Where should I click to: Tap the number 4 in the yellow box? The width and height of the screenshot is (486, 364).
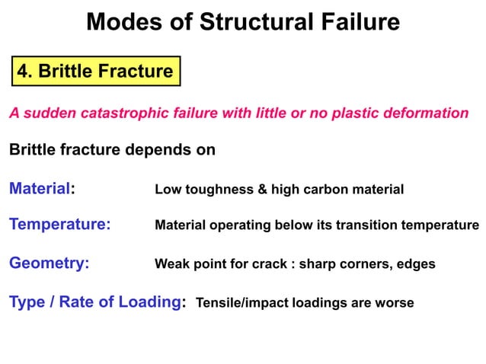point(24,72)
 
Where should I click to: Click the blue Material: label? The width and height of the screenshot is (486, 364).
point(42,188)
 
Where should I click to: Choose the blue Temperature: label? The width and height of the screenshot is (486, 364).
point(59,225)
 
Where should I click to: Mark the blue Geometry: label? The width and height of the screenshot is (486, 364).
point(49,263)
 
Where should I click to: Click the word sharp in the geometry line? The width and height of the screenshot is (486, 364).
point(319,264)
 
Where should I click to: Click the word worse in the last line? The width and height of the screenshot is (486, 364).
point(394,303)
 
